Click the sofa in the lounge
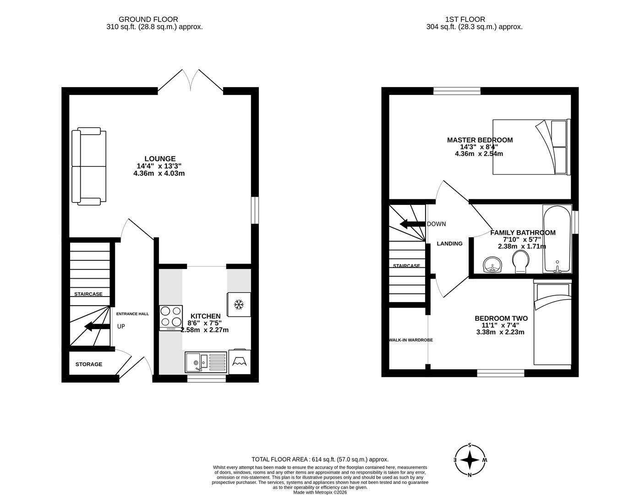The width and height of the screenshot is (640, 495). coord(88,166)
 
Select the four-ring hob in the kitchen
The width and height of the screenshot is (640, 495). coord(171,318)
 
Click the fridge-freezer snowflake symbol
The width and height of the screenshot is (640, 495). coord(238,304)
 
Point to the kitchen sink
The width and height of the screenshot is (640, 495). coord(206,363)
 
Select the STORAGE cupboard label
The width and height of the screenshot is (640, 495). coord(89,364)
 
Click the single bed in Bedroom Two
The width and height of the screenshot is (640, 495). coord(552,323)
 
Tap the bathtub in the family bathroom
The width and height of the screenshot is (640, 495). coord(557,239)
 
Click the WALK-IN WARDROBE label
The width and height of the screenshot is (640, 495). coord(410,340)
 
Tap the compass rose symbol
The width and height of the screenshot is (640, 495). coord(470,459)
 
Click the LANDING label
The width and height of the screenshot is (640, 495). coord(449,243)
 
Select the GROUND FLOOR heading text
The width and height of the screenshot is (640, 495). coord(148,19)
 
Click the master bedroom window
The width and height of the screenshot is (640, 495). coord(457,91)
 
